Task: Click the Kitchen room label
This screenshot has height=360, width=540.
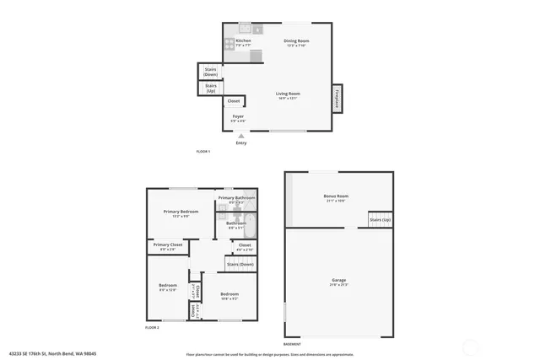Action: point(243,41)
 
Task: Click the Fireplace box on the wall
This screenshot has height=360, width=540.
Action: point(337,99)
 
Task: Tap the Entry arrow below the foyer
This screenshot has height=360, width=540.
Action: point(241,136)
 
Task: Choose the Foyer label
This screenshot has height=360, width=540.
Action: point(239,117)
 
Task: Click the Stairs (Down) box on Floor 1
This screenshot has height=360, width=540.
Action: point(210,72)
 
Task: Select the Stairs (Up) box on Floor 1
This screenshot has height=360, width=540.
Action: point(211,88)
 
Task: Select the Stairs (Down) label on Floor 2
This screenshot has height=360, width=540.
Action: point(240,264)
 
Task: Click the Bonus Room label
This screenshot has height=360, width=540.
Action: point(336,196)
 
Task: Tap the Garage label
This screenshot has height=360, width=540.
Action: point(338,280)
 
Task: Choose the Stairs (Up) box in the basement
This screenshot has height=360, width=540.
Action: point(380,220)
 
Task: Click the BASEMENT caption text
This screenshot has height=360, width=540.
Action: point(293,344)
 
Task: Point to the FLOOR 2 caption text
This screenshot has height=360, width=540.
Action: point(153,327)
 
